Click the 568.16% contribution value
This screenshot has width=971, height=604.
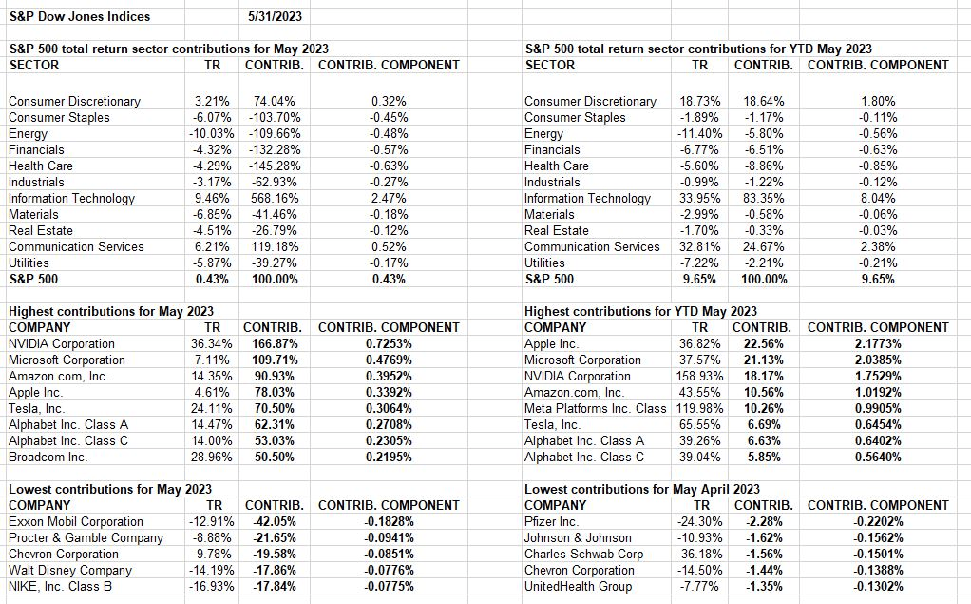[275, 198]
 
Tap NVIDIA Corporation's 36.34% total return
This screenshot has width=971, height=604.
[210, 343]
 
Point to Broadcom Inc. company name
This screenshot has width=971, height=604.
[48, 457]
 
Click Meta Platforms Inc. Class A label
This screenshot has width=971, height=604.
[596, 408]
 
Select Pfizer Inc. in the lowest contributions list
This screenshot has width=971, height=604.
[551, 521]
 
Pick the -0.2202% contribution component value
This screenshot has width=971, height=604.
[877, 521]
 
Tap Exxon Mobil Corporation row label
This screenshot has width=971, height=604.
[76, 521]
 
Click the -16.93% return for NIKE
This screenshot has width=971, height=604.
[210, 586]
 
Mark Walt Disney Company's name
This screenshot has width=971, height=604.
[70, 570]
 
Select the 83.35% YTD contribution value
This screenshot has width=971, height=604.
[763, 198]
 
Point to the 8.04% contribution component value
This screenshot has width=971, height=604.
[877, 198]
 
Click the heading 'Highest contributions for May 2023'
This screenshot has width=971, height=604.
[111, 311]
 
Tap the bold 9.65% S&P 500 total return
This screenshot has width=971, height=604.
[700, 279]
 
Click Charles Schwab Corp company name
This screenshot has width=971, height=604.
[583, 554]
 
